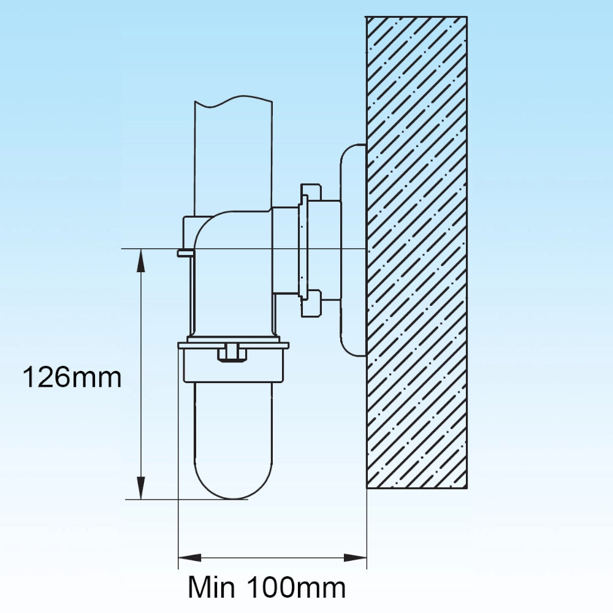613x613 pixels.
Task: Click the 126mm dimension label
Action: [x=72, y=377]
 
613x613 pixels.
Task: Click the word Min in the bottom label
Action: [x=211, y=587]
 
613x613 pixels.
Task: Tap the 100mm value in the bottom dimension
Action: [x=297, y=587]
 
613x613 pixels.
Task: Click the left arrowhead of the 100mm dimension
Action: [x=190, y=558]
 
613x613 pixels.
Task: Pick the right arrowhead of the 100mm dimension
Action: [x=355, y=558]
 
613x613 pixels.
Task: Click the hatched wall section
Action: [x=417, y=253]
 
